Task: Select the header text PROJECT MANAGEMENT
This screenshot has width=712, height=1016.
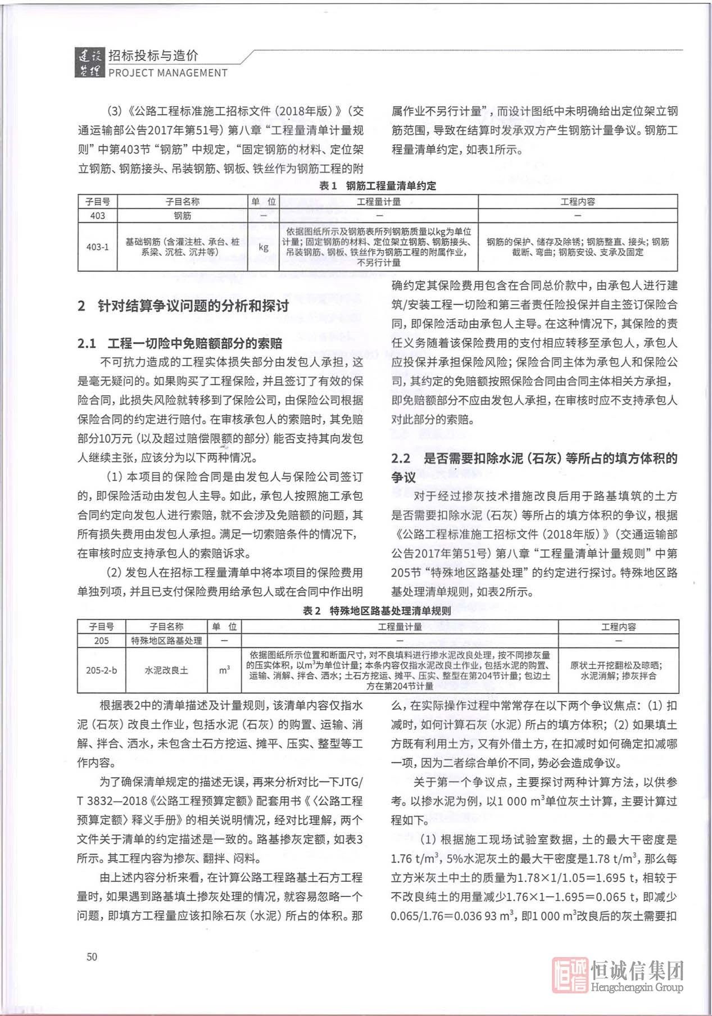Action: point(167,72)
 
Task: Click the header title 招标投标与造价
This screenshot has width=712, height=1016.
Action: point(153,56)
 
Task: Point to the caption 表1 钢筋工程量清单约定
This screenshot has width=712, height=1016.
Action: point(377,186)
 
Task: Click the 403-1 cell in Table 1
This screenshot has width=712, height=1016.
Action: point(98,247)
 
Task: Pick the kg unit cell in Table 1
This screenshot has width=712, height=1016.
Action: point(264,247)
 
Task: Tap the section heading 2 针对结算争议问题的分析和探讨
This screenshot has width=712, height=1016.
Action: point(183,306)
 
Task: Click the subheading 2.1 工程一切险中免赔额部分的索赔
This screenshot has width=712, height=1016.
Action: point(180,343)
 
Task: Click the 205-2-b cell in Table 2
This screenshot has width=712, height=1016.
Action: point(101,670)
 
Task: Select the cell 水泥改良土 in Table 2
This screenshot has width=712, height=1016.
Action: point(166,670)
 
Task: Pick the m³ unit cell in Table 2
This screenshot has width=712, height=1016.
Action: point(224,670)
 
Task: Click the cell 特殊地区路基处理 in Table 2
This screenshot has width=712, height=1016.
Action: point(166,641)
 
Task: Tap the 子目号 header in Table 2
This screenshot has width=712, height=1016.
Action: point(101,627)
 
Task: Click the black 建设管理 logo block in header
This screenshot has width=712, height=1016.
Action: point(89,63)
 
